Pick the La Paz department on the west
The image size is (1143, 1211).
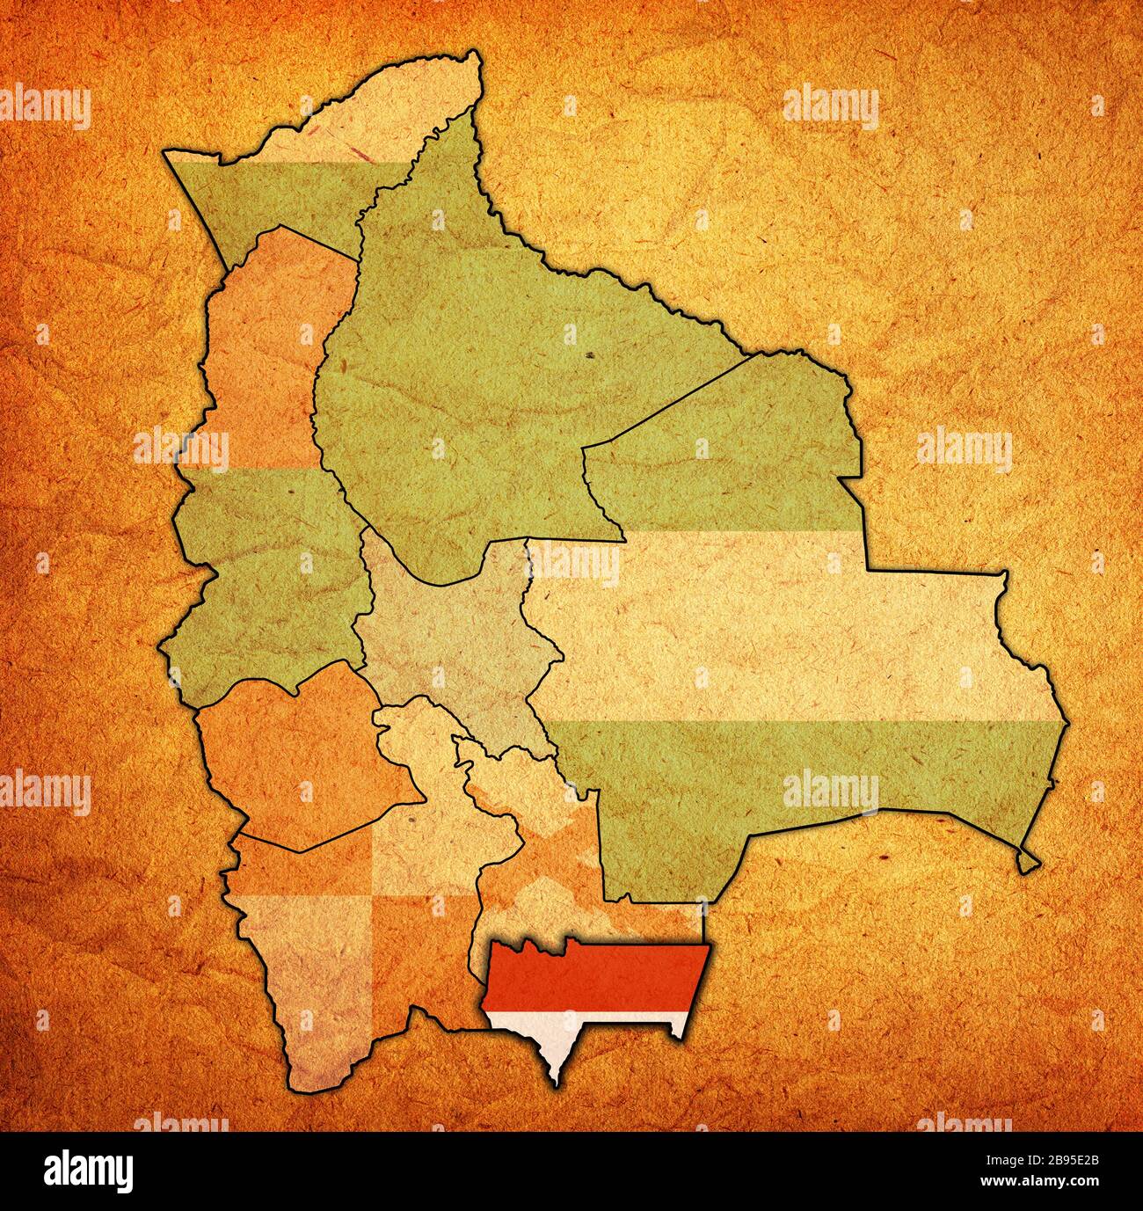[x=264, y=492]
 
